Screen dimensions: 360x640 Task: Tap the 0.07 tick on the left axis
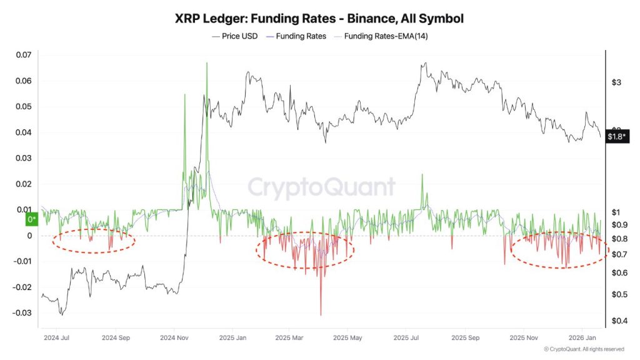pyautogui.click(x=23, y=55)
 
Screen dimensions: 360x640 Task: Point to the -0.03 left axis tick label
pyautogui.click(x=21, y=313)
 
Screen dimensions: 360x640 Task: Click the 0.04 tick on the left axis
pyautogui.click(x=23, y=132)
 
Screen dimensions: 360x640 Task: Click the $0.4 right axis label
pyautogui.click(x=618, y=321)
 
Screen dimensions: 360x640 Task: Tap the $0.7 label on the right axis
pyautogui.click(x=618, y=254)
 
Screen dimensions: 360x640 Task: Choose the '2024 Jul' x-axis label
pyautogui.click(x=56, y=337)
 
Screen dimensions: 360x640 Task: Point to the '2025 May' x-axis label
pyautogui.click(x=347, y=337)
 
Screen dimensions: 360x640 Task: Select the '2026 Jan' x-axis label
pyautogui.click(x=582, y=337)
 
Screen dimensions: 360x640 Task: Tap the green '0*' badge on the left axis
pyautogui.click(x=31, y=219)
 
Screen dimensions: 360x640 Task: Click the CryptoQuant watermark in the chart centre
pyautogui.click(x=322, y=187)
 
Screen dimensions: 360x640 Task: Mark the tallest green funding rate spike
pyautogui.click(x=206, y=64)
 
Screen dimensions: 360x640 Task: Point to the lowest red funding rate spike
pyautogui.click(x=321, y=314)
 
